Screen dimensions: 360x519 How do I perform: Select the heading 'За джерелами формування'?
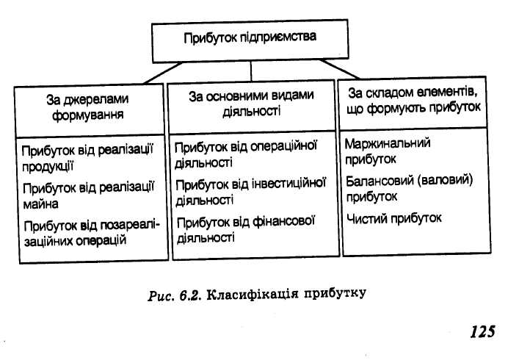(x=87, y=105)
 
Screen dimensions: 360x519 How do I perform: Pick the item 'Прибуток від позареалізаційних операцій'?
(x=90, y=233)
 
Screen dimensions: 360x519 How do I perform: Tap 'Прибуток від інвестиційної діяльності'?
(x=250, y=190)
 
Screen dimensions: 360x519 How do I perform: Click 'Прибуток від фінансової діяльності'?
(x=246, y=228)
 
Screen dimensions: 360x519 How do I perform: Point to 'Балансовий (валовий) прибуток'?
(x=408, y=188)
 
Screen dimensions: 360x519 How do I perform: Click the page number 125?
(x=482, y=331)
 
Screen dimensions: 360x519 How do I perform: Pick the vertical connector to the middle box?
(x=251, y=71)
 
